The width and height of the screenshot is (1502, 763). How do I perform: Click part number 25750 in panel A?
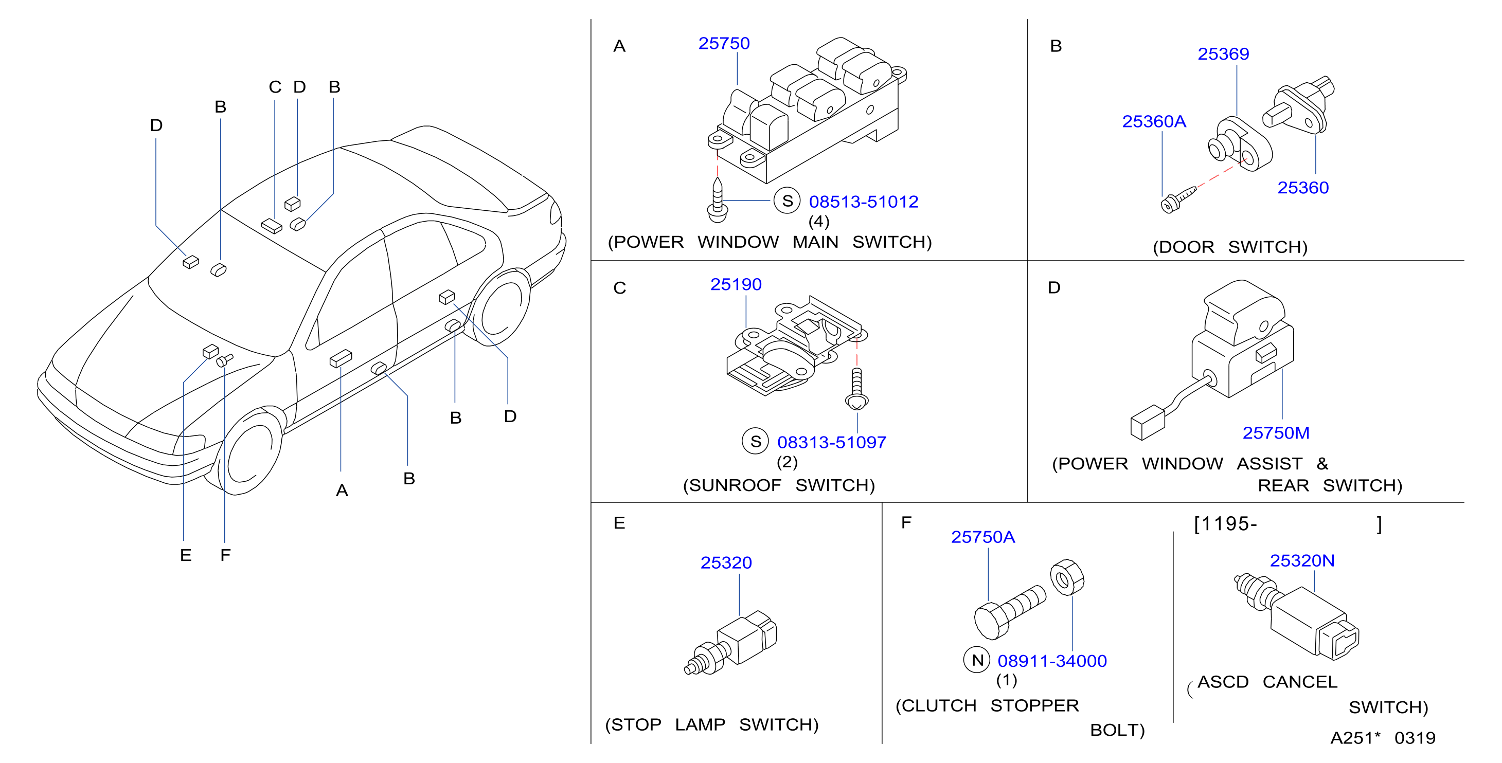tap(724, 44)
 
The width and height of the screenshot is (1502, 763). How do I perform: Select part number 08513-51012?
tap(864, 202)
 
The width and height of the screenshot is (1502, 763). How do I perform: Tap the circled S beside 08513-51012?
tap(787, 201)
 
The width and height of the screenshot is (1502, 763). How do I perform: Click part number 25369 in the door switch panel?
tap(1223, 54)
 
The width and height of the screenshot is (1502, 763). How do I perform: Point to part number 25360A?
tap(1154, 121)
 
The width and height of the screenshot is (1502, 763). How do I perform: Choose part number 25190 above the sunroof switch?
tap(736, 284)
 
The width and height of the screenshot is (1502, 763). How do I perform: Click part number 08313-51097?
tap(831, 442)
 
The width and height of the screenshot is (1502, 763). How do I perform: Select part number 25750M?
tap(1276, 433)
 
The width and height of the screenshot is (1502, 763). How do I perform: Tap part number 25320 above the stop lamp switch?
tap(726, 563)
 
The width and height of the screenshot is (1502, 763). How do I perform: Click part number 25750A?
tap(983, 537)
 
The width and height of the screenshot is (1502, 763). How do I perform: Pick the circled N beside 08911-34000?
tap(977, 660)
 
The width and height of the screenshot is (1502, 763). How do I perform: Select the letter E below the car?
tap(185, 555)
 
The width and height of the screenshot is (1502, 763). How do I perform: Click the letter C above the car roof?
tap(275, 87)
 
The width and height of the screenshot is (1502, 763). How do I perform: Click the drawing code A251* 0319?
tap(1383, 738)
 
